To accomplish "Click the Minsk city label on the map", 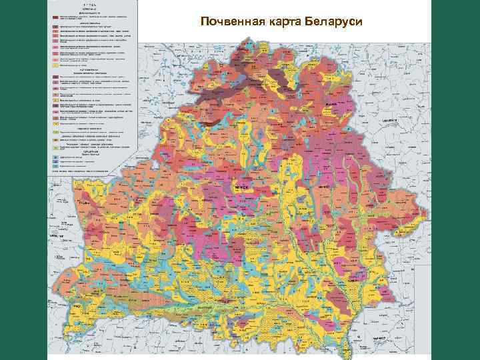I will (240, 189).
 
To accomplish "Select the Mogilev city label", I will (325, 189).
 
